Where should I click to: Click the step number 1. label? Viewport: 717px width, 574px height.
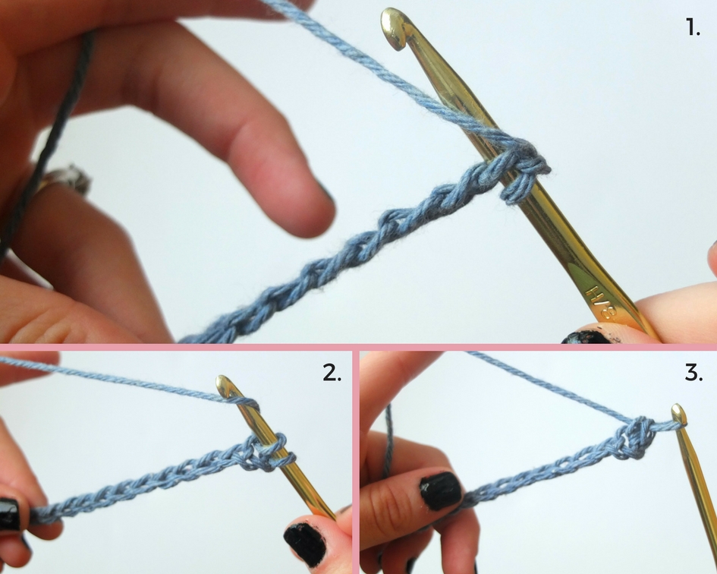click(x=693, y=27)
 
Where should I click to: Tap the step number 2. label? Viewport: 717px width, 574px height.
click(x=332, y=373)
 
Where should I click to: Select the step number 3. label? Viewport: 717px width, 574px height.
click(x=693, y=373)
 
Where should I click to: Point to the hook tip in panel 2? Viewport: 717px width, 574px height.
click(x=224, y=384)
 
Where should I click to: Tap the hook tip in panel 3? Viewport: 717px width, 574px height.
click(x=679, y=412)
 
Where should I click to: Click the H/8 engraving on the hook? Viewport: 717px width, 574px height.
click(x=602, y=301)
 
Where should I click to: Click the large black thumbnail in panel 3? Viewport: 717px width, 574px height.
click(x=441, y=490)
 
